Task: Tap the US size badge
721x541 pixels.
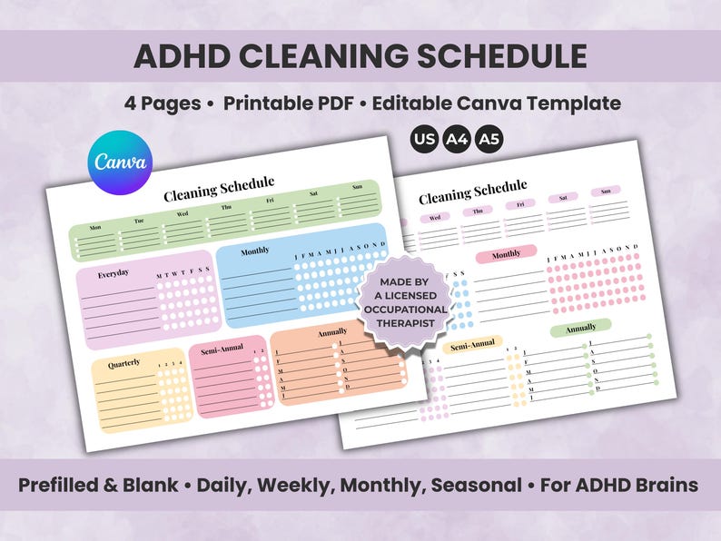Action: click(423, 140)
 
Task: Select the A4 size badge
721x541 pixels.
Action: click(455, 140)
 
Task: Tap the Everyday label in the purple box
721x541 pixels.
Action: click(114, 273)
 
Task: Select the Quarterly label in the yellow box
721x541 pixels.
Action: click(124, 364)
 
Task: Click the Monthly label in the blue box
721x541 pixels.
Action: click(254, 251)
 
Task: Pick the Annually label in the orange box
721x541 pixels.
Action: click(332, 333)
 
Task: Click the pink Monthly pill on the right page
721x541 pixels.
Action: click(506, 254)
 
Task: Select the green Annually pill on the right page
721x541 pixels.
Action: click(580, 327)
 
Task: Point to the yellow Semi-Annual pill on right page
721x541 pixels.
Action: click(472, 344)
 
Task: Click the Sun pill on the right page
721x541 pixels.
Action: click(605, 192)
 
